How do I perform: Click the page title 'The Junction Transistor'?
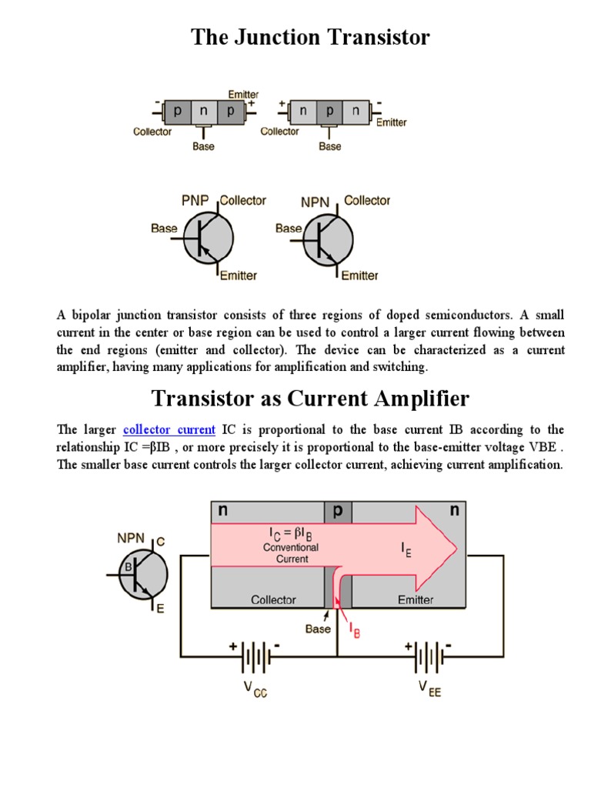[x=310, y=37]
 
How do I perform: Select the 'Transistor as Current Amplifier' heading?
[x=310, y=399]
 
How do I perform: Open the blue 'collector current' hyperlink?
[x=169, y=429]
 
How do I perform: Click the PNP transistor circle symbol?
[x=208, y=239]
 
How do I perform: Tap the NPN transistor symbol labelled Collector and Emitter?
[x=329, y=239]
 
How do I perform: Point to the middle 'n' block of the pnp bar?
[x=203, y=111]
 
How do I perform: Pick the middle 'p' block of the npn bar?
[x=329, y=111]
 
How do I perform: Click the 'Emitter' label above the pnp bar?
[x=243, y=95]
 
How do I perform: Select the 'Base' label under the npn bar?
[x=329, y=146]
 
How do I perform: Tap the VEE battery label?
[x=429, y=689]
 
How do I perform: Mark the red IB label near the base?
[x=355, y=630]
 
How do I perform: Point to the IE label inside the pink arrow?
[x=406, y=549]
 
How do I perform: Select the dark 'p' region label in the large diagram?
[x=337, y=511]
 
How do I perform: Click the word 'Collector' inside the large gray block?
[x=273, y=599]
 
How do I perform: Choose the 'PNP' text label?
[x=195, y=201]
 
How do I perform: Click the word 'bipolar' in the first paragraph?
[x=91, y=316]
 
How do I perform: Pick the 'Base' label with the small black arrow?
[x=318, y=629]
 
